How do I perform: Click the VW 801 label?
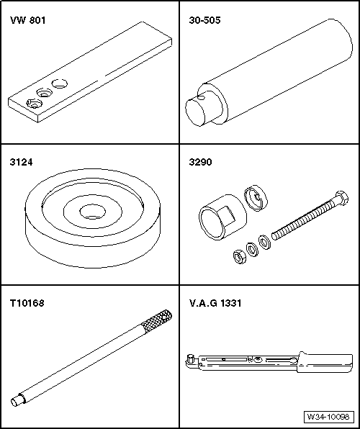click(27, 20)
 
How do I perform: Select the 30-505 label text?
click(204, 20)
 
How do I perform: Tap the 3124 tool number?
click(21, 162)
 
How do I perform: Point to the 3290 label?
click(200, 162)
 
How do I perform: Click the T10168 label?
click(27, 303)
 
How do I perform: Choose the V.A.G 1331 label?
click(215, 303)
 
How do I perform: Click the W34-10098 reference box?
click(328, 417)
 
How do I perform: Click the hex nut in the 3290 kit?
click(240, 257)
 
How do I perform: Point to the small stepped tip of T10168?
click(17, 400)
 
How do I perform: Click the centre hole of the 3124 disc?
click(93, 212)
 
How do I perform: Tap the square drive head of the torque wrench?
click(189, 358)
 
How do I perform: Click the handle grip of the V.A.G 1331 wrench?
click(325, 362)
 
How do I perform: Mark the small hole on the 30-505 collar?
click(201, 98)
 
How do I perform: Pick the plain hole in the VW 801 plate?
click(60, 83)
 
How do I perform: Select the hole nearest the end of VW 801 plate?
click(35, 104)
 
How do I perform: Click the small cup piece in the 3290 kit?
click(256, 198)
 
